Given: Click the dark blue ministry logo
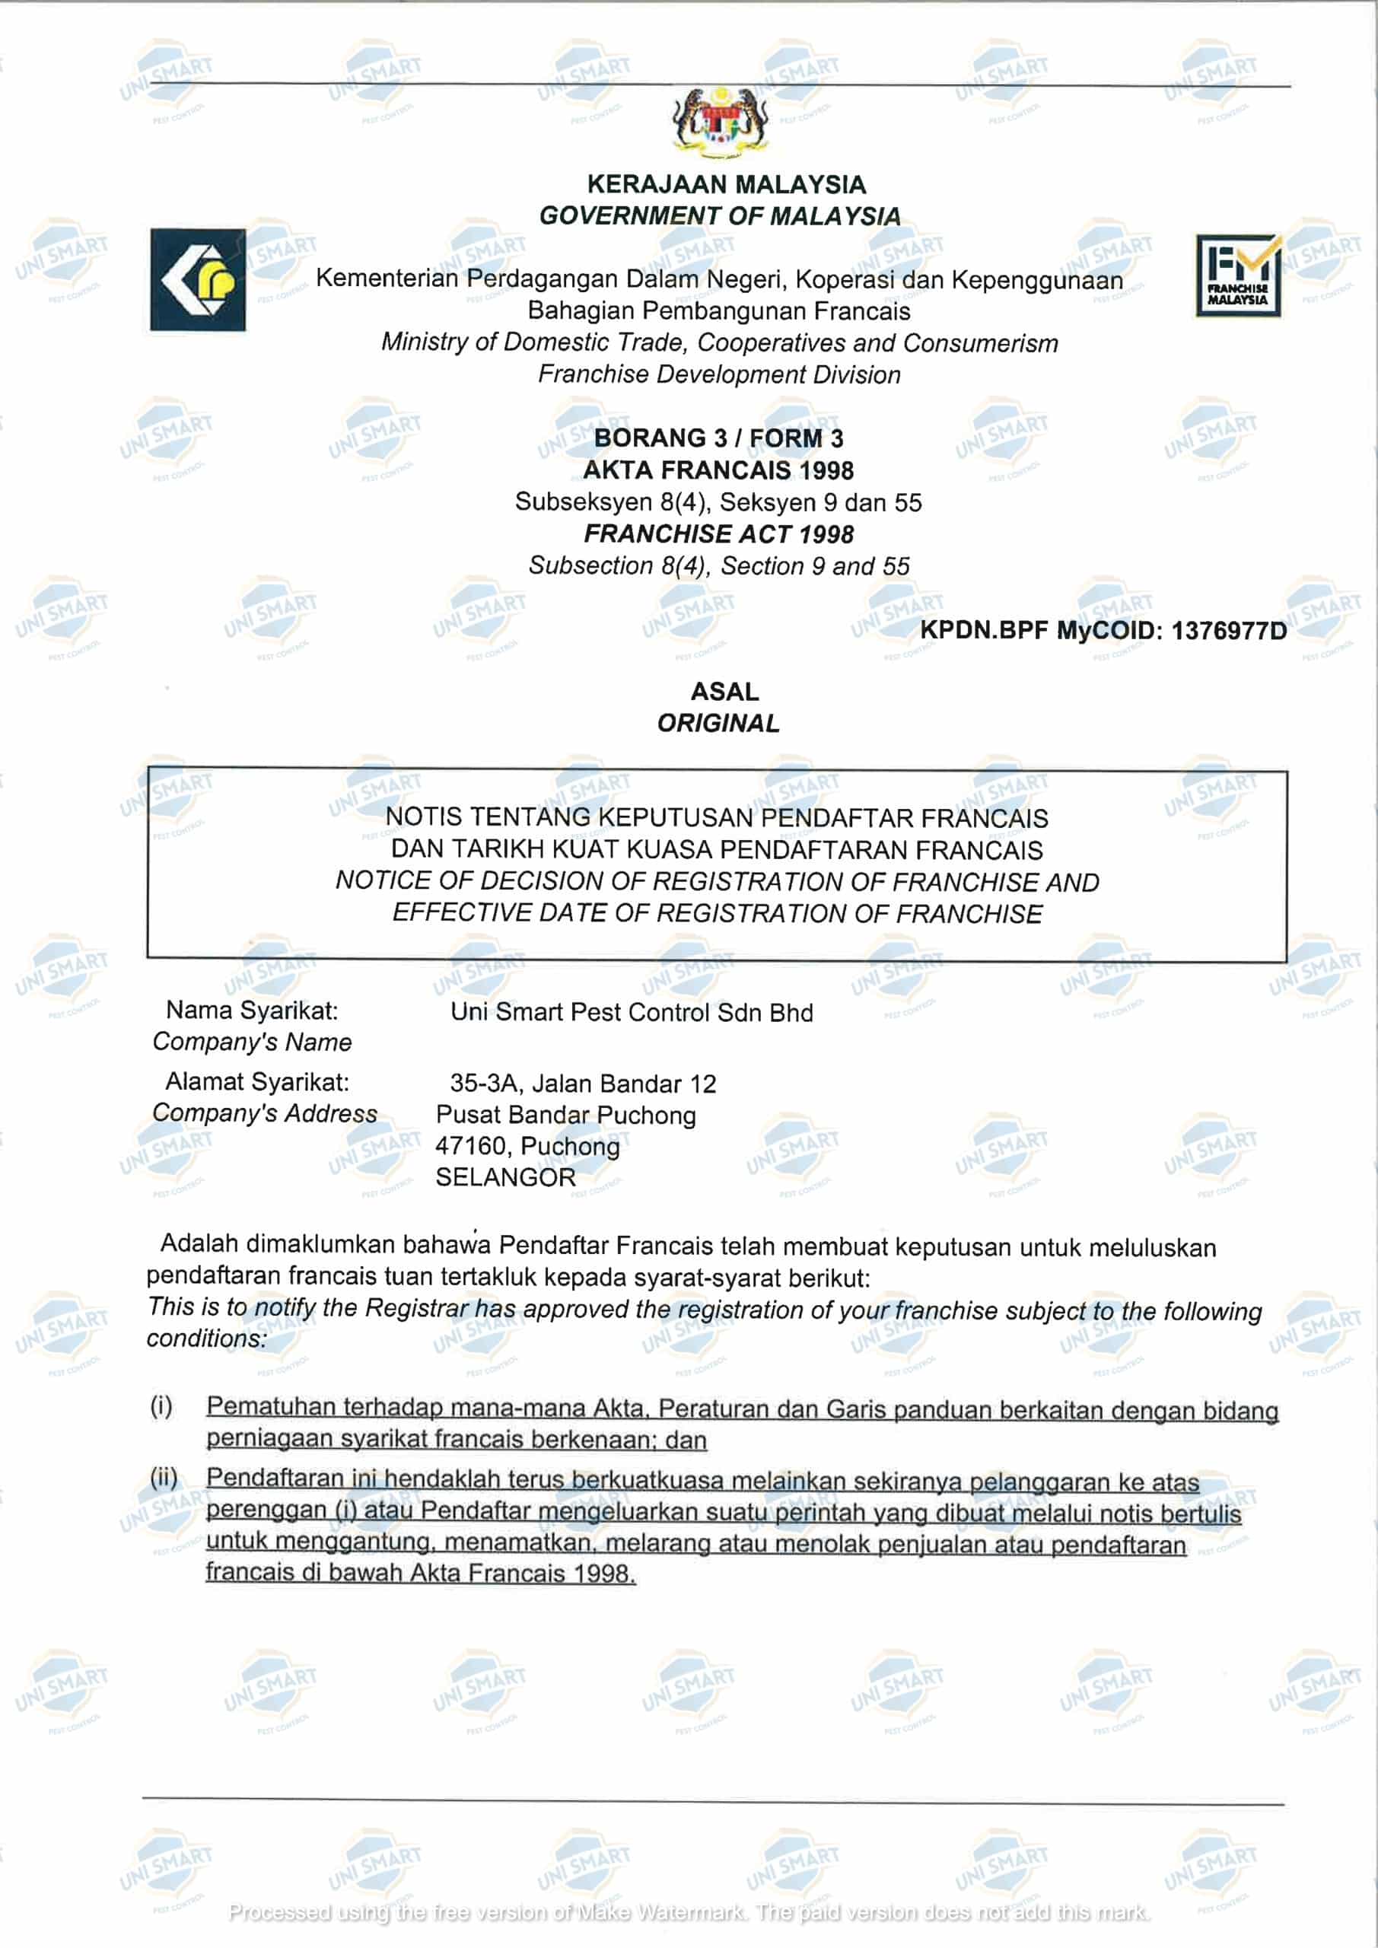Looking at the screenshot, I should pos(198,279).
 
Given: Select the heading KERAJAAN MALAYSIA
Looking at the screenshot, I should pos(727,184).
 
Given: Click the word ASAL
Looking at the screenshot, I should pos(724,692).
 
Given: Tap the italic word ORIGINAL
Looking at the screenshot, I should pos(718,724).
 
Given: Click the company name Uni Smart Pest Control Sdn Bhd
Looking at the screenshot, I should pos(632,1012).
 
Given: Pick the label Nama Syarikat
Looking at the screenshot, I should pos(252,1011).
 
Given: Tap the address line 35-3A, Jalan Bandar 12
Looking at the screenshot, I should pos(583,1084).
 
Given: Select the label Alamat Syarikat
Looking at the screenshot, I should pos(257,1082).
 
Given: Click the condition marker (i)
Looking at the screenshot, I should pos(161,1407).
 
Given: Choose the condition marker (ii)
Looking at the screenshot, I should pos(164,1477).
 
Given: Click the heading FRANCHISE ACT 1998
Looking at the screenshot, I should pos(719,533).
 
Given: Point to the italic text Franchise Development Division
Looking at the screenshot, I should pos(719,374).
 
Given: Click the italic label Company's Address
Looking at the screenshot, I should pos(265,1113).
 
